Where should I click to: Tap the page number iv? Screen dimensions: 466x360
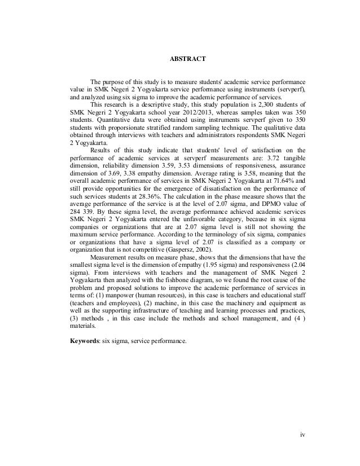(x=302, y=436)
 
